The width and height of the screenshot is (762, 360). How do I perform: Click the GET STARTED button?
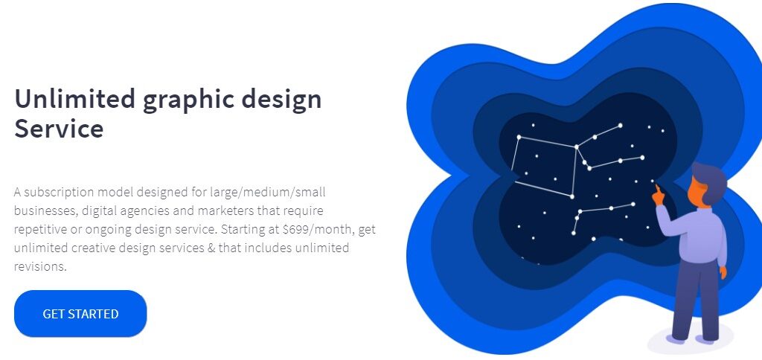[x=80, y=314]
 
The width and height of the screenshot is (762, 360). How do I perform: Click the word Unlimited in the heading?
[x=75, y=99]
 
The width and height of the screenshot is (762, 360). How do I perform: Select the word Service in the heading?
[x=59, y=129]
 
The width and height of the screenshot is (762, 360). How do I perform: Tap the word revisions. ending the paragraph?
[x=40, y=266]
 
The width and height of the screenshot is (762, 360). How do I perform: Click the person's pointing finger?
[x=656, y=187]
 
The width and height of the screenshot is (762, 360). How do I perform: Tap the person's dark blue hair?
[x=711, y=181]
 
